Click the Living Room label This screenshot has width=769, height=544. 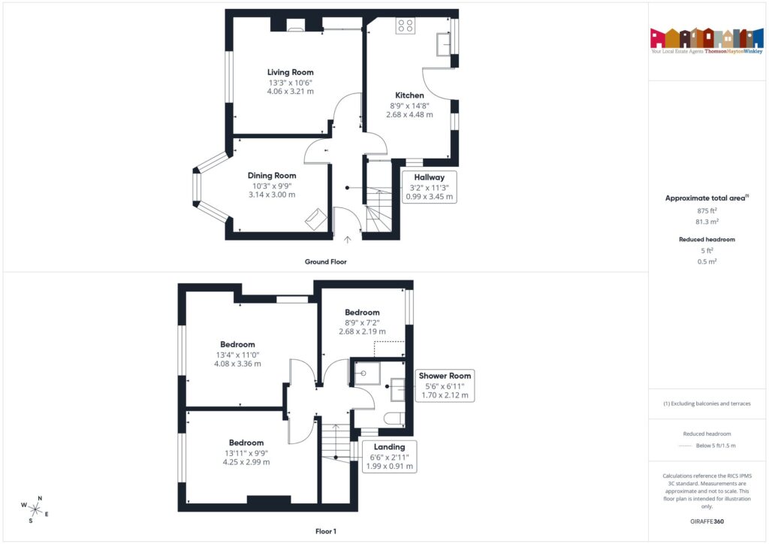[x=290, y=72]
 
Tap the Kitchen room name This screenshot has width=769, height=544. [x=410, y=95]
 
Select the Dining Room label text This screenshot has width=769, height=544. [x=272, y=175]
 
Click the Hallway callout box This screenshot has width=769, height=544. [x=429, y=187]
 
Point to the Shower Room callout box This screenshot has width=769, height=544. [x=446, y=385]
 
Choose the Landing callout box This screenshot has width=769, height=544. [x=389, y=456]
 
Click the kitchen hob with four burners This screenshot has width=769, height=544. [x=405, y=26]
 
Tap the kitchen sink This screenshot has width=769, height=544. [x=442, y=46]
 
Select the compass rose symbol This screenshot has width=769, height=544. [x=35, y=508]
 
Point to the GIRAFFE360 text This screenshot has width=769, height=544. [x=707, y=521]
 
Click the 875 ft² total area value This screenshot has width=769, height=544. [x=707, y=211]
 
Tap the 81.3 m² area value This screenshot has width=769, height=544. [x=707, y=222]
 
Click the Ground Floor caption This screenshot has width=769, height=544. [x=325, y=261]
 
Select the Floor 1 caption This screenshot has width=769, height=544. [x=325, y=531]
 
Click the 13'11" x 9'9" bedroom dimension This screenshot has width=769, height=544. [x=246, y=452]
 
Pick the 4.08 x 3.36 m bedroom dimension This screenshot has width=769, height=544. [x=237, y=364]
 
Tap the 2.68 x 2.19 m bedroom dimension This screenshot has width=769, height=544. [x=362, y=331]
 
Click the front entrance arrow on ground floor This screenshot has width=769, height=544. [x=347, y=240]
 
